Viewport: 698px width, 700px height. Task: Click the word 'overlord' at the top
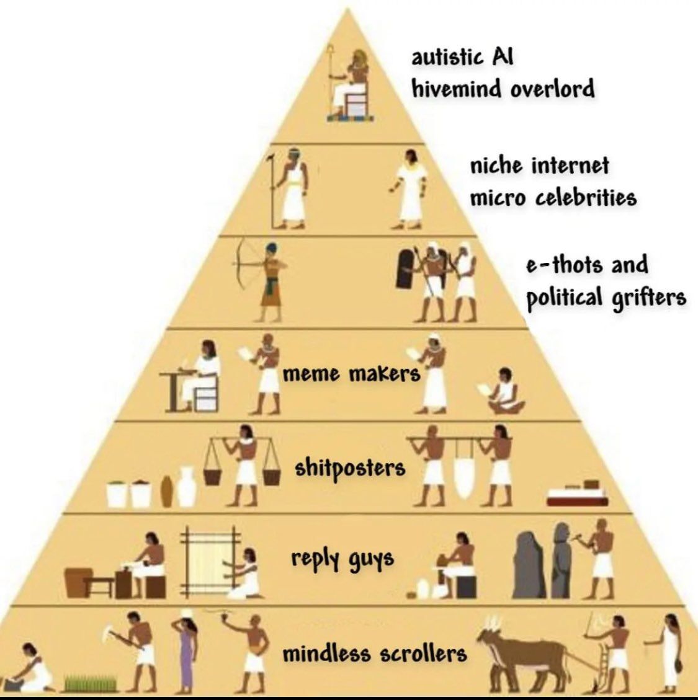pyautogui.click(x=552, y=89)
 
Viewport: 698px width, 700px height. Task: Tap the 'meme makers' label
pyautogui.click(x=352, y=373)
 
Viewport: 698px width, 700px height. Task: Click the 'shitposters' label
pyautogui.click(x=350, y=469)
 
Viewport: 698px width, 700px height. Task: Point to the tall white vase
pyautogui.click(x=187, y=487)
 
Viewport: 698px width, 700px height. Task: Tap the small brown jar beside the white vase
pyautogui.click(x=166, y=492)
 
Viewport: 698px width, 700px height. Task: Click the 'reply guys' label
pyautogui.click(x=342, y=559)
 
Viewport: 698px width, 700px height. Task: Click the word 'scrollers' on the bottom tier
pyautogui.click(x=423, y=653)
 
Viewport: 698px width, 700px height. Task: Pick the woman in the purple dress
pyautogui.click(x=187, y=650)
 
